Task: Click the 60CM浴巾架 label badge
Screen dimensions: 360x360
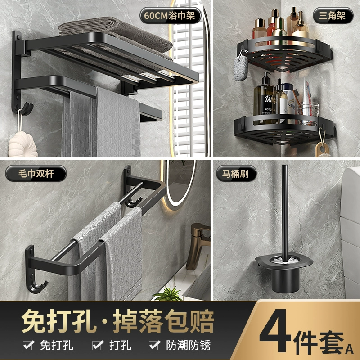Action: point(171,15)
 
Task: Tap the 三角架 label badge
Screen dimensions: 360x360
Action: point(333,15)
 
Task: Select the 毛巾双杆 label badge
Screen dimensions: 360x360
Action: point(36,173)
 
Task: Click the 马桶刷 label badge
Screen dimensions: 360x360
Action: point(236,174)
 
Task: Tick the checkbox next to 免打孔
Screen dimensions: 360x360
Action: point(28,345)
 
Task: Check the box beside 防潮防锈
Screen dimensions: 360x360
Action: point(154,345)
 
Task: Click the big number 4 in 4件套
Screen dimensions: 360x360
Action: point(274,330)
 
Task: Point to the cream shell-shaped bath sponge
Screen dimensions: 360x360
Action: point(23,144)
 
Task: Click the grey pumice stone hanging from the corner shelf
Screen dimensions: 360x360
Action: point(241,68)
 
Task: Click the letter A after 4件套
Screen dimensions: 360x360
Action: point(349,349)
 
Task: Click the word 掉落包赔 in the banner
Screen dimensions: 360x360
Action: point(163,321)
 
